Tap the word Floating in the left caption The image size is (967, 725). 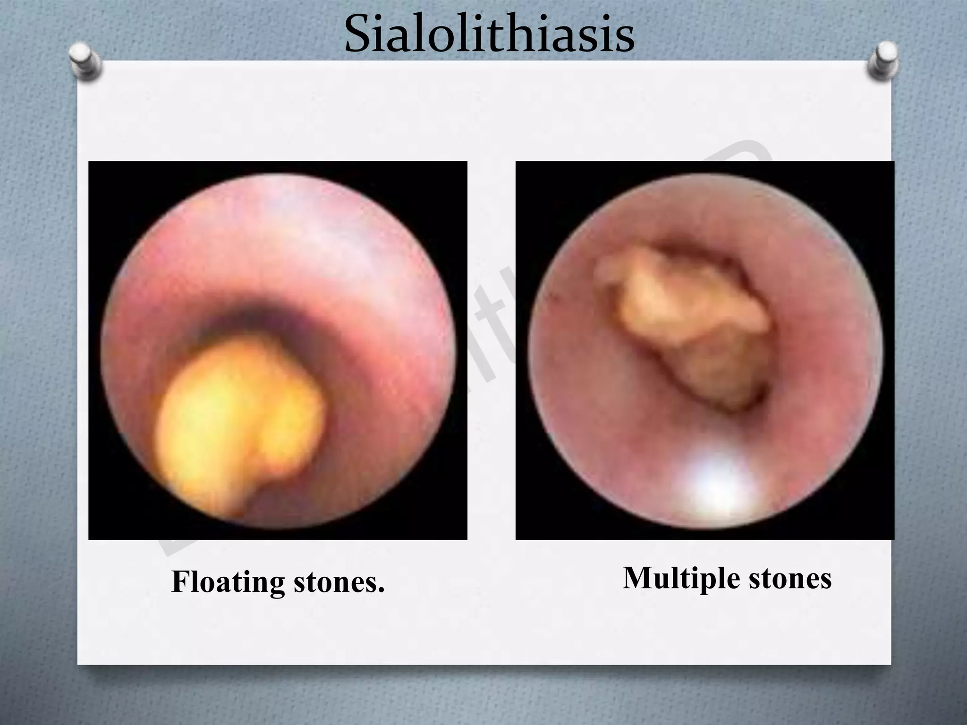click(228, 582)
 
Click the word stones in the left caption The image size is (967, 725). click(335, 582)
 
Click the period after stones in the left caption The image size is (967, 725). click(381, 590)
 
